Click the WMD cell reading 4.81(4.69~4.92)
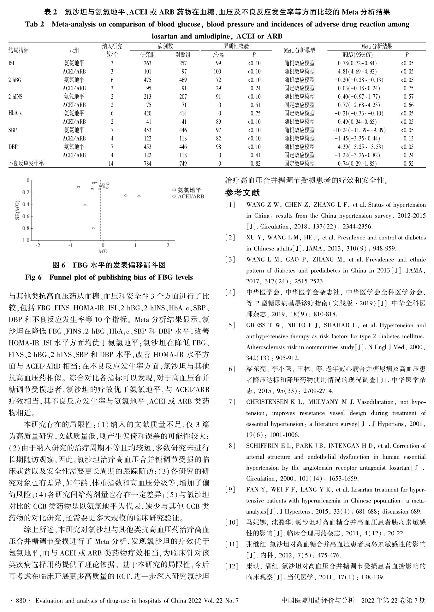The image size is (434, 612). point(357,72)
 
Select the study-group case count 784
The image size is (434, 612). point(147,163)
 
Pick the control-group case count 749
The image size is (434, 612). point(183,163)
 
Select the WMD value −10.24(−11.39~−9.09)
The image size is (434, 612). point(359,130)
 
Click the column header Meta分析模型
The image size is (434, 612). point(299,50)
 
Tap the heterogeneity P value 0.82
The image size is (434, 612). point(255,163)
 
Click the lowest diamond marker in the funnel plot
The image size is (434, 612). point(93,228)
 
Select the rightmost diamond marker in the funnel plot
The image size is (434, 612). point(139,196)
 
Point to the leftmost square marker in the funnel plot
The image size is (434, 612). point(79,187)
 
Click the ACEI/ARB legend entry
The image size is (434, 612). point(188,197)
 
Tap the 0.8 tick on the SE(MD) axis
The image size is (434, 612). point(26,228)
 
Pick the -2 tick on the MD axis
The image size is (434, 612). point(38,245)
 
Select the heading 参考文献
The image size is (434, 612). point(242,192)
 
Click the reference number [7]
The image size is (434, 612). point(230,402)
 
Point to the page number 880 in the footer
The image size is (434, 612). point(21,601)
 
